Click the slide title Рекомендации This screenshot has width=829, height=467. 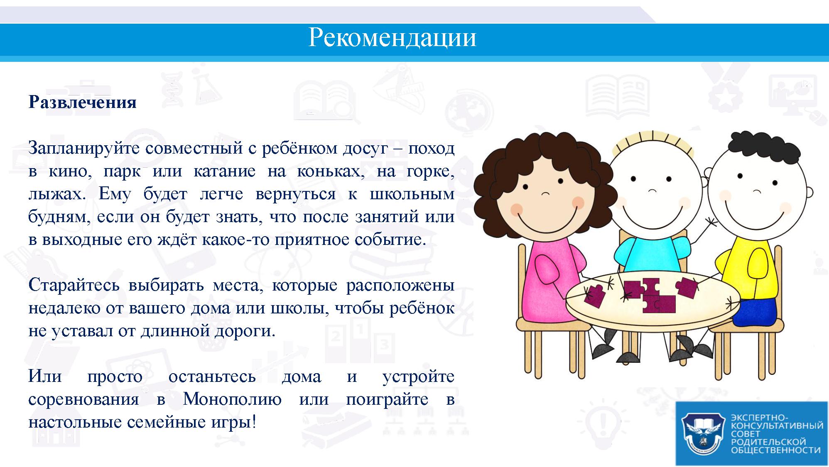point(392,38)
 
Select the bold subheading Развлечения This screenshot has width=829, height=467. point(82,102)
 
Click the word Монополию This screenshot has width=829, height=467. point(232,399)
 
